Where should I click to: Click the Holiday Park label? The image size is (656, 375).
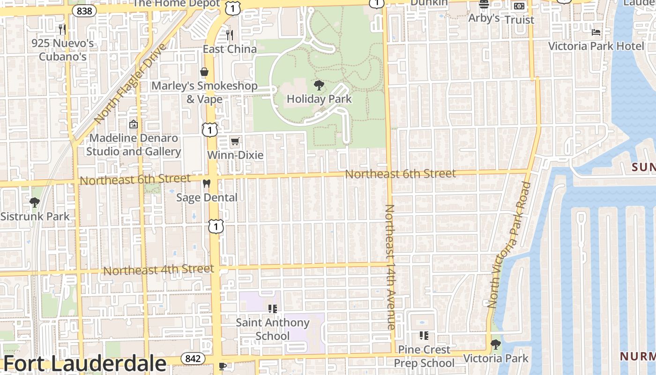tap(319, 99)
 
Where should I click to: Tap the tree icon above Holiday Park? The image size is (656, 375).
tap(319, 85)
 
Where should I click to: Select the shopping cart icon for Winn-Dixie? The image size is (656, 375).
tap(235, 141)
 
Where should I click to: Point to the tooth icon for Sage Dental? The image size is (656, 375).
tap(206, 184)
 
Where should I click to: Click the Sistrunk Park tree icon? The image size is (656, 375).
tap(34, 202)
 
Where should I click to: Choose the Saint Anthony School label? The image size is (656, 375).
tap(273, 329)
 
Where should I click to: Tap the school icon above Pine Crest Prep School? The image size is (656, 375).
tap(424, 336)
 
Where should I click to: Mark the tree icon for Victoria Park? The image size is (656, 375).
tap(495, 345)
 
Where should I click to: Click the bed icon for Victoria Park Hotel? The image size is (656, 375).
tap(596, 32)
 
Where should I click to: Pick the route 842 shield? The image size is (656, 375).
tap(193, 359)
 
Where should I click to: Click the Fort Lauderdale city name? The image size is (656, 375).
tap(85, 364)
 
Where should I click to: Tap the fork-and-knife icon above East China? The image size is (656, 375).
tap(230, 35)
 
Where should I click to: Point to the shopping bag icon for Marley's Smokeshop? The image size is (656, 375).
tap(204, 72)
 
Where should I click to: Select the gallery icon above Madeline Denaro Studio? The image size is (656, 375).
tap(134, 125)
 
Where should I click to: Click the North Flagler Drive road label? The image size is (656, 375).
tap(130, 84)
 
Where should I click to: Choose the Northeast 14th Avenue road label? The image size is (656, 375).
tap(390, 267)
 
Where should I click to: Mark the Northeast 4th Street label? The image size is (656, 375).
tap(158, 270)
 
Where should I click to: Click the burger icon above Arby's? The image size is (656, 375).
tap(484, 5)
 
